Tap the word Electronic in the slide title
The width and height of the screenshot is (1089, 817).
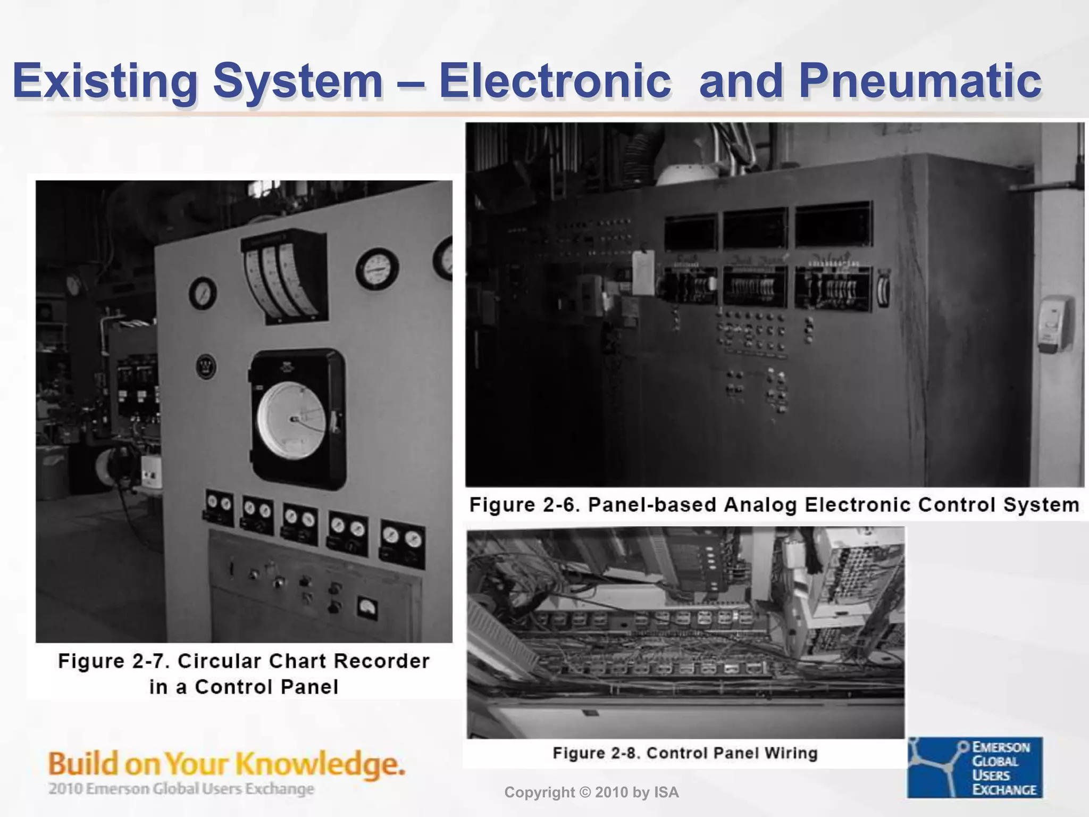[x=555, y=81]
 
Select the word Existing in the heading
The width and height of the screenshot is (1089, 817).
[x=105, y=81]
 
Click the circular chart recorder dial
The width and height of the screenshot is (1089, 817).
[x=292, y=419]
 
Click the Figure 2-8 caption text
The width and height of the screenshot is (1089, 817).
[x=685, y=753]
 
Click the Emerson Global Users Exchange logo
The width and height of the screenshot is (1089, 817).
[x=975, y=767]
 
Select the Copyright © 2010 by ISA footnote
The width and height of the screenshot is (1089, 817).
[x=591, y=793]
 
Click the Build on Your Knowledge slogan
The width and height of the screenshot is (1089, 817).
[x=227, y=764]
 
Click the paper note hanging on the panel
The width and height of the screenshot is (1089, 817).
[x=643, y=273]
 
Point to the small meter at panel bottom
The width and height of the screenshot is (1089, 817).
[x=367, y=607]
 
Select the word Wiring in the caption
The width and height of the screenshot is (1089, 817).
[x=791, y=753]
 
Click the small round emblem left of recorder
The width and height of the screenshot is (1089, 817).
[x=206, y=366]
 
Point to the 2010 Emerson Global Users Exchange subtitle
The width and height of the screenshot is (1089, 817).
[x=181, y=788]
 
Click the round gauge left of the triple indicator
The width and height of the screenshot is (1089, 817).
[x=202, y=293]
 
